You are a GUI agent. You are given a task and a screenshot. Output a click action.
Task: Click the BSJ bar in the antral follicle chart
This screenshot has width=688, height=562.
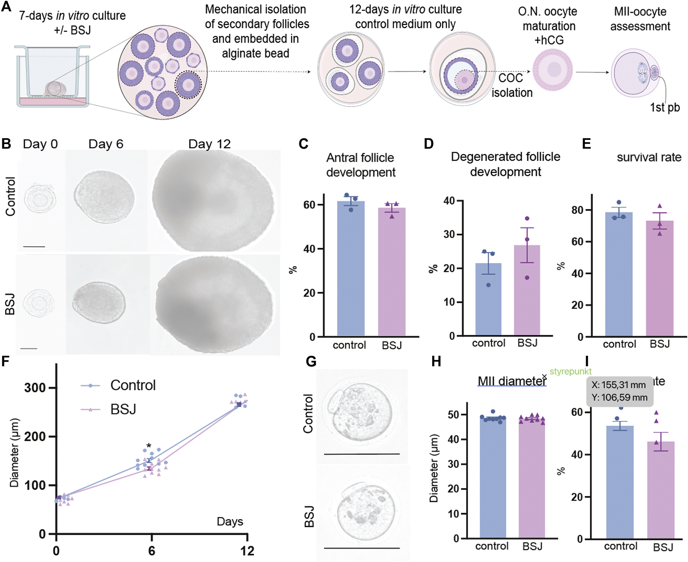391,272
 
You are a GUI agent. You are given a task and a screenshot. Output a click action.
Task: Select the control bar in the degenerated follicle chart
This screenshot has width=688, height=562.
488,299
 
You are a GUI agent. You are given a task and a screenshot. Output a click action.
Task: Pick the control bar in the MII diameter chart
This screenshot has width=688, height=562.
493,478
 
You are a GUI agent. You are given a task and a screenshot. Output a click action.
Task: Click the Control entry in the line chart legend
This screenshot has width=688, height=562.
133,385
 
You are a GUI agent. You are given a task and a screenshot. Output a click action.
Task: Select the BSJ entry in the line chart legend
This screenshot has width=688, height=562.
123,409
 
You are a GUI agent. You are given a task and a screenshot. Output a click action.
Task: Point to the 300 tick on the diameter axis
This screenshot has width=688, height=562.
35,388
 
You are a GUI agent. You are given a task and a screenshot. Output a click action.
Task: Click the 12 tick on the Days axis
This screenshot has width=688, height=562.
247,551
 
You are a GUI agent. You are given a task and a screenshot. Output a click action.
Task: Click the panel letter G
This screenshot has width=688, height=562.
311,362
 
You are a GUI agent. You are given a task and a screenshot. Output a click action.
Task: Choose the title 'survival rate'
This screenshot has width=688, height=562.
649,157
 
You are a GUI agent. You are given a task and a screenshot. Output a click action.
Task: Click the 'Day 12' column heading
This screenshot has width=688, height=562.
209,144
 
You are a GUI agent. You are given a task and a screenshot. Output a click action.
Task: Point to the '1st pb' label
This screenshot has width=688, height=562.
665,107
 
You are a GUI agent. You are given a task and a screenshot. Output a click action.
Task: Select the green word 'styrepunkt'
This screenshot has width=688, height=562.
570,372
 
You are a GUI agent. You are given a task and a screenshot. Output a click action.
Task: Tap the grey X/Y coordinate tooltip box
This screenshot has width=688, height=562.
619,391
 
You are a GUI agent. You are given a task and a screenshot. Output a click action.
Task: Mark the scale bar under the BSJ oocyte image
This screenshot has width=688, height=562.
361,548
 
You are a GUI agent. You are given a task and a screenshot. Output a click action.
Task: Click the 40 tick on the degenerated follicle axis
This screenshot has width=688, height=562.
449,201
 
